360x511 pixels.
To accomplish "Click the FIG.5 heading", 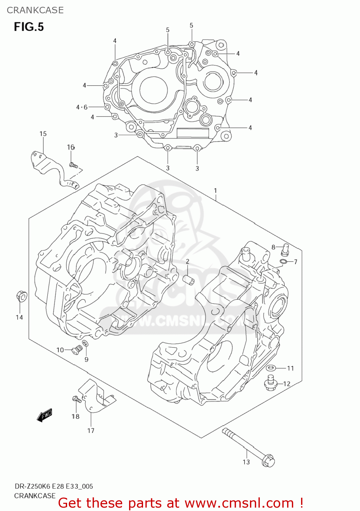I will tap(29, 27).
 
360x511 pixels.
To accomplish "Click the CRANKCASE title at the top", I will tap(35, 10).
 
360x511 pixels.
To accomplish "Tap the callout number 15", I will tap(43, 134).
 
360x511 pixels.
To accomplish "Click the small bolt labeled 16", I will tap(73, 166).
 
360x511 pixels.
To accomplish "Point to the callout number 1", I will tap(215, 190).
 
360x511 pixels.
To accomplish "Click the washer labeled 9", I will tap(85, 343).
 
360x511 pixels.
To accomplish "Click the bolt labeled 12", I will tap(270, 383).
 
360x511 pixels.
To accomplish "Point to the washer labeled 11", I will tap(271, 368).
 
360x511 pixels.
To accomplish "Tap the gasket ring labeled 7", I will tap(283, 262).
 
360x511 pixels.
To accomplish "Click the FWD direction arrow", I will tap(45, 415).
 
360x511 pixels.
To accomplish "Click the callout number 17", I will tap(91, 431).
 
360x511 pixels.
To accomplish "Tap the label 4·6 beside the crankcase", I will tap(82, 107).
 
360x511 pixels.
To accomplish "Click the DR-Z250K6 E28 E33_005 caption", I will tap(53, 486).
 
